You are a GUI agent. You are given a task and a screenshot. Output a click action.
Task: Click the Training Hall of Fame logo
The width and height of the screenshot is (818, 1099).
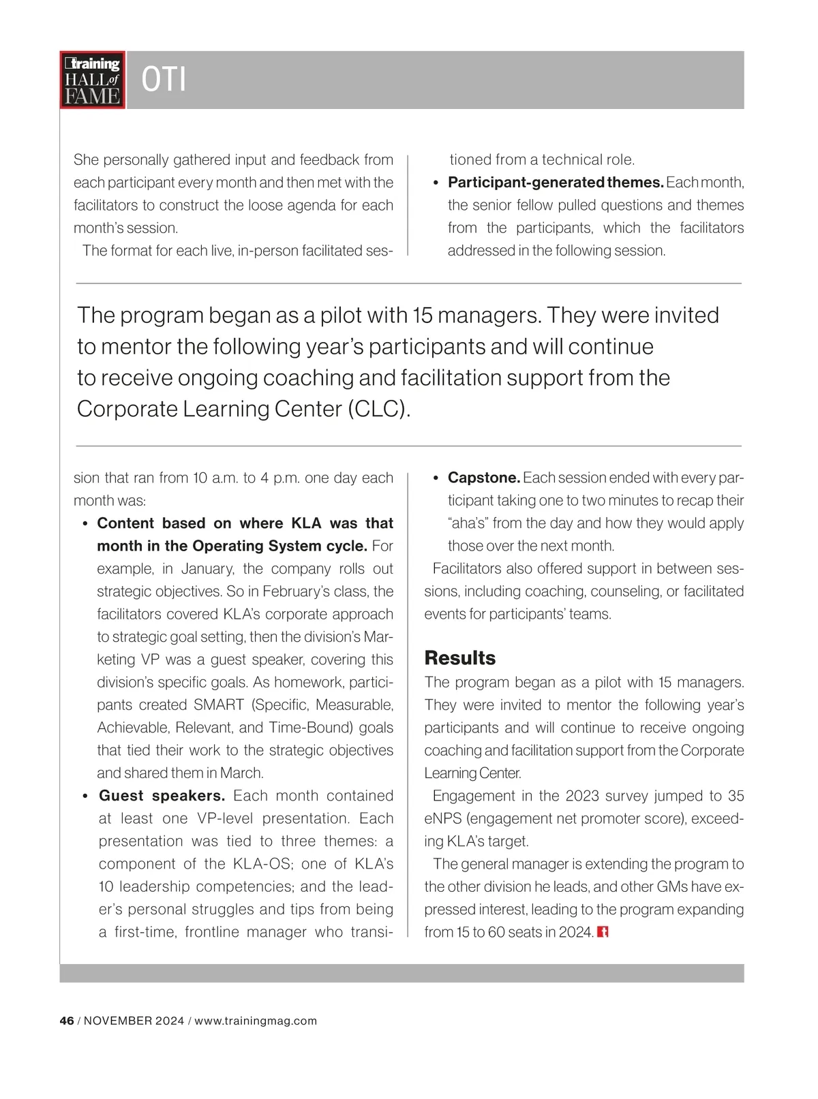(93, 80)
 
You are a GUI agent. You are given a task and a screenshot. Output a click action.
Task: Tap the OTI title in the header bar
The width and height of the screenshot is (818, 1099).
(164, 80)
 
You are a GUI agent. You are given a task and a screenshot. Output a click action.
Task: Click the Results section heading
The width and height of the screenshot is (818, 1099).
(459, 657)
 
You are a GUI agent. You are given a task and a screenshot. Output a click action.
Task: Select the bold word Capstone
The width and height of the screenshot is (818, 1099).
(484, 478)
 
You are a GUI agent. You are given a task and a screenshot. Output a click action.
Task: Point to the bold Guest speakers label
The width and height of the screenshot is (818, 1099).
(162, 796)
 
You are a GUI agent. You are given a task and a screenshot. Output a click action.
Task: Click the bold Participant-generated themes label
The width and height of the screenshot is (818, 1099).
(556, 183)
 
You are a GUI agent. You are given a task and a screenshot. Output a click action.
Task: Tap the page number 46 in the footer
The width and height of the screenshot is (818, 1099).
(67, 1021)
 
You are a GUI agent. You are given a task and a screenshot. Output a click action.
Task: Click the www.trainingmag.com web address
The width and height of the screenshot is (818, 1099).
(256, 1021)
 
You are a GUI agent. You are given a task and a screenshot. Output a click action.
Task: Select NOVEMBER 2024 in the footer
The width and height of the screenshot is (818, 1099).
(134, 1021)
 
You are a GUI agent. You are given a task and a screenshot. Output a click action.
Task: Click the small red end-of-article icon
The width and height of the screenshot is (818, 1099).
(603, 931)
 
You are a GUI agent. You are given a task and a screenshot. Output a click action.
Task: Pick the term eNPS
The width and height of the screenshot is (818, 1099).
(442, 818)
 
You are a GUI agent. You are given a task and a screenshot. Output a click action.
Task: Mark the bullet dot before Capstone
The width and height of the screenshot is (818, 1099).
(436, 478)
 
